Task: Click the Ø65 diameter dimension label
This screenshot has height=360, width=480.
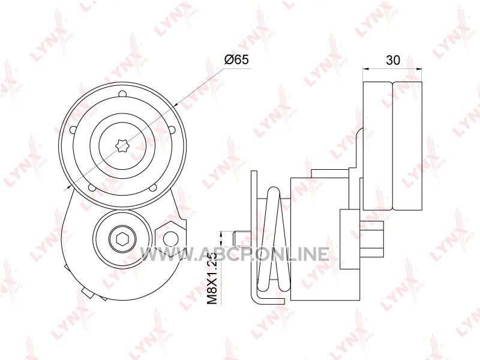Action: (236, 59)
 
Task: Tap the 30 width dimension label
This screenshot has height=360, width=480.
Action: (393, 61)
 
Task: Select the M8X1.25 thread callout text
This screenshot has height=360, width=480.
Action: (212, 278)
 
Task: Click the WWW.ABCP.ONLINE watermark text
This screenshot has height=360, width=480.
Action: (235, 254)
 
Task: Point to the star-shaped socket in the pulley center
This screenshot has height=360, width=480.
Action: (122, 145)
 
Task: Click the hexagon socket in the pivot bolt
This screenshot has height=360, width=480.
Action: (122, 238)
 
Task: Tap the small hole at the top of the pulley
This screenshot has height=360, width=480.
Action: (122, 93)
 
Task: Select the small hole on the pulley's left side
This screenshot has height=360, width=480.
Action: (73, 130)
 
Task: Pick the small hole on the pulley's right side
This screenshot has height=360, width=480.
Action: (172, 130)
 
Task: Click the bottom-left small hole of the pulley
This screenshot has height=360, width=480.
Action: (92, 188)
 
